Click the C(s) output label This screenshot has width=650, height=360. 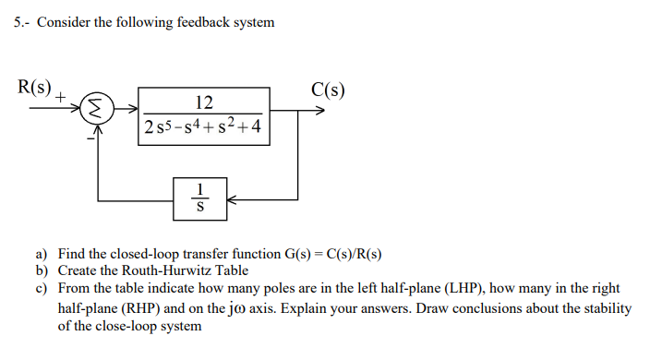click(329, 89)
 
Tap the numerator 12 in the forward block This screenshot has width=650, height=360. click(205, 101)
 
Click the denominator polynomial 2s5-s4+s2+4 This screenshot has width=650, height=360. click(205, 126)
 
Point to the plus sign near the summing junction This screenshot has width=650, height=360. click(61, 95)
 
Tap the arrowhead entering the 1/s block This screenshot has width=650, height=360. click(233, 198)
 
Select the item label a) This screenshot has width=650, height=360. click(43, 254)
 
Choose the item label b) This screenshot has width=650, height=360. click(43, 271)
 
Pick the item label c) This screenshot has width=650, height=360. click(43, 289)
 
